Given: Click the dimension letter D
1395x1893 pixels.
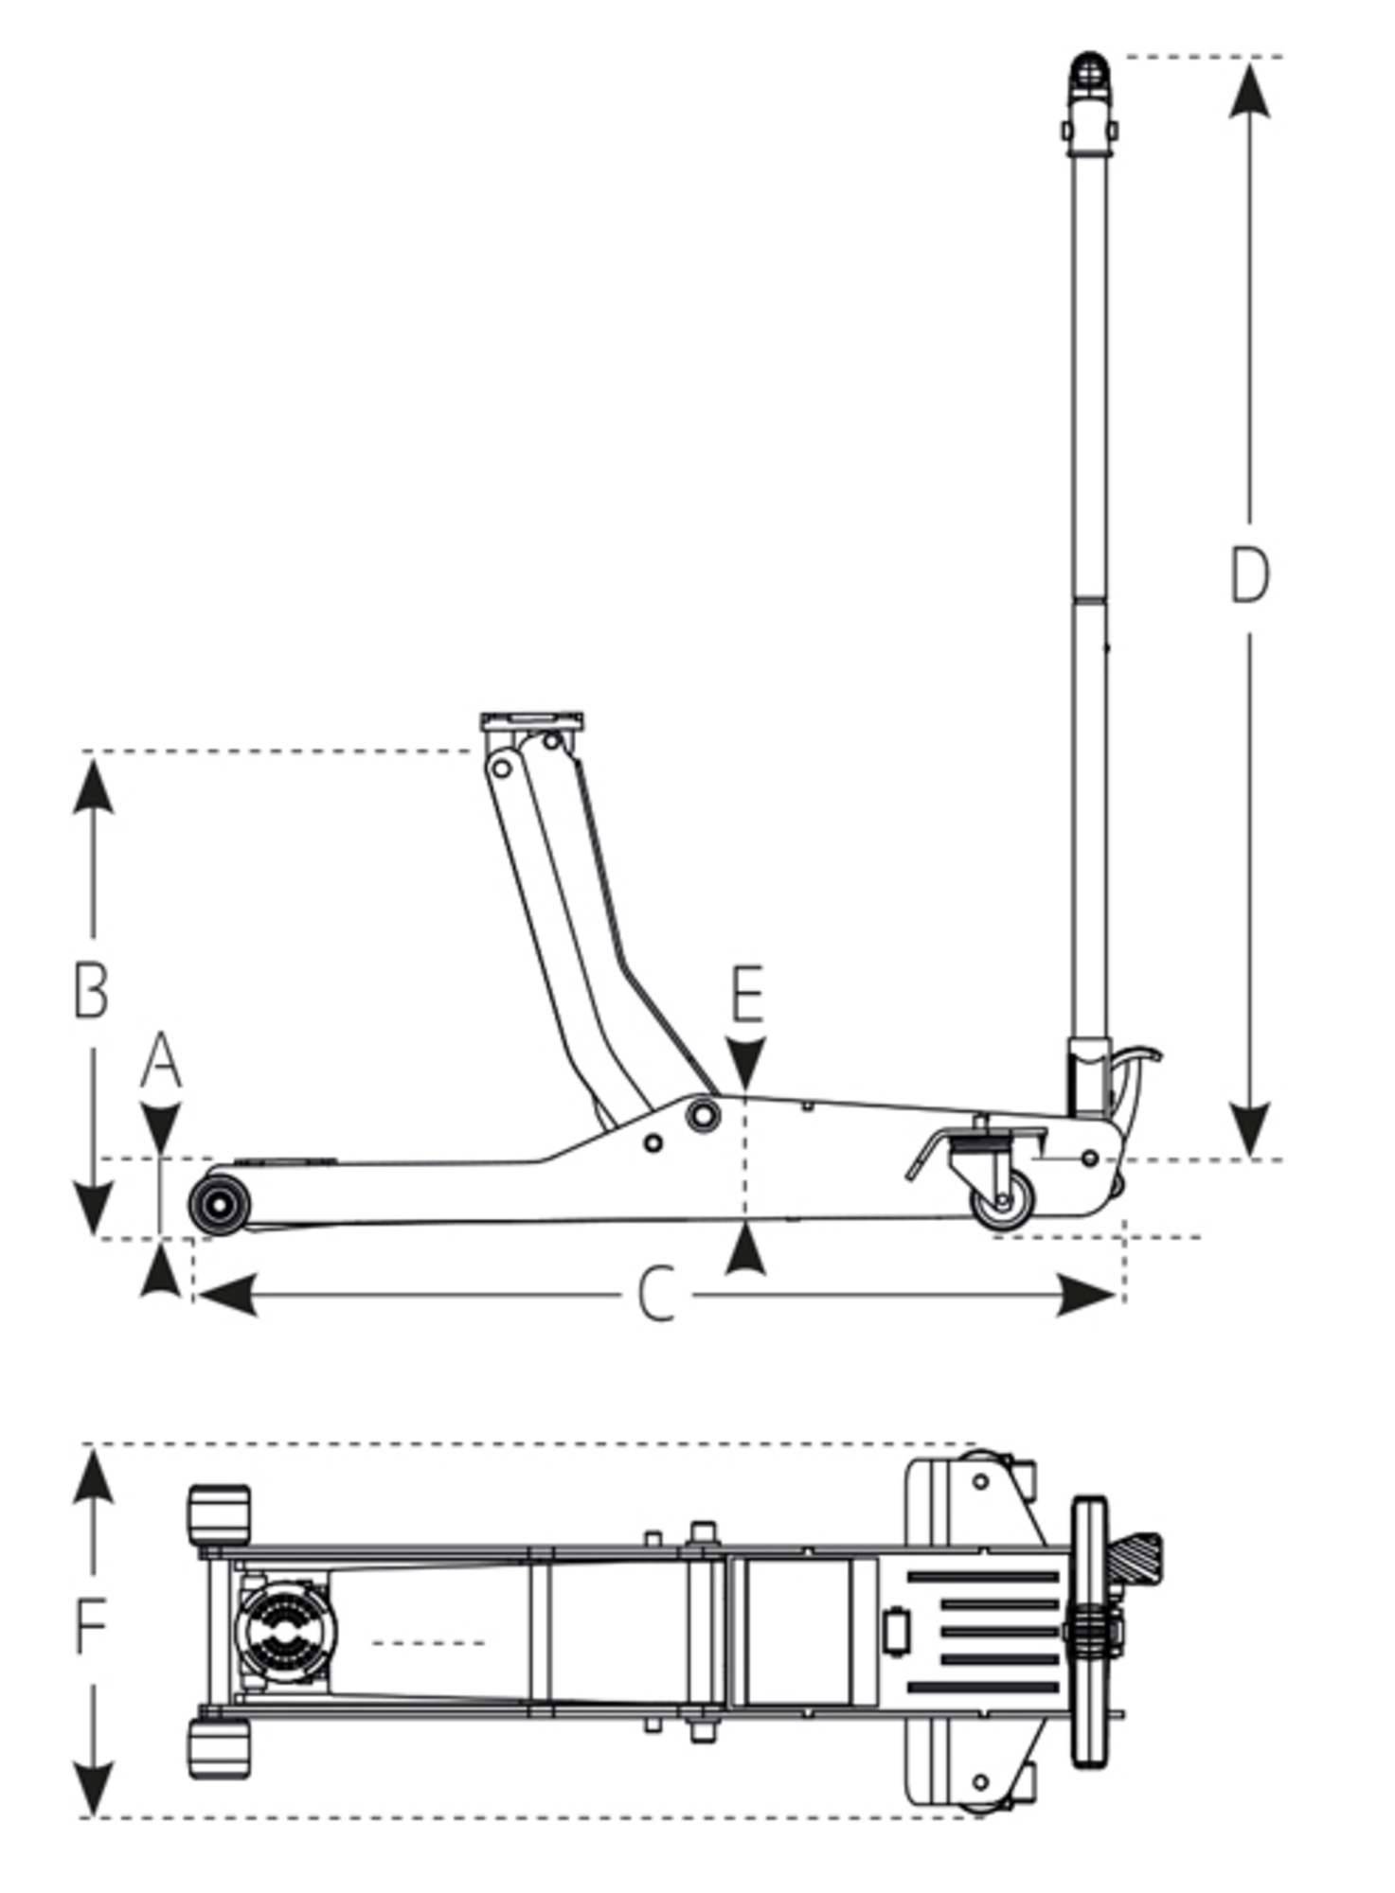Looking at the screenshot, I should [1248, 575].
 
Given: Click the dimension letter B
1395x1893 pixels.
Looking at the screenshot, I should [91, 990].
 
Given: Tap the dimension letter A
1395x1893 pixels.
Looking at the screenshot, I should [161, 1061].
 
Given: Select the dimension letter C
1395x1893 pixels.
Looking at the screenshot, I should [655, 1294].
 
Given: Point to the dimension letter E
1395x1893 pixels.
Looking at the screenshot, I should [747, 995].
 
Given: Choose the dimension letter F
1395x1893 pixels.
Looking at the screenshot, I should [91, 1626].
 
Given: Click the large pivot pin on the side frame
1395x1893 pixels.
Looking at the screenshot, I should [702, 1114].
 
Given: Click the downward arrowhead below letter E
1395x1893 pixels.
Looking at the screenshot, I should [747, 1064].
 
